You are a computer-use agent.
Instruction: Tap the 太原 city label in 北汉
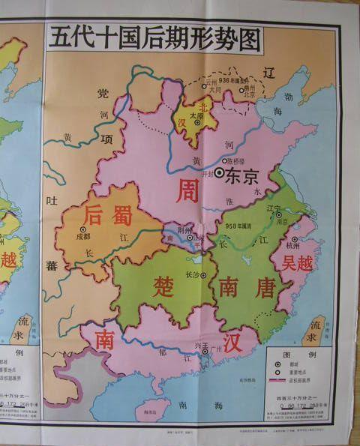(x=197, y=116)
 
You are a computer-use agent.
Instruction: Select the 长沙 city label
(x=193, y=274)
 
